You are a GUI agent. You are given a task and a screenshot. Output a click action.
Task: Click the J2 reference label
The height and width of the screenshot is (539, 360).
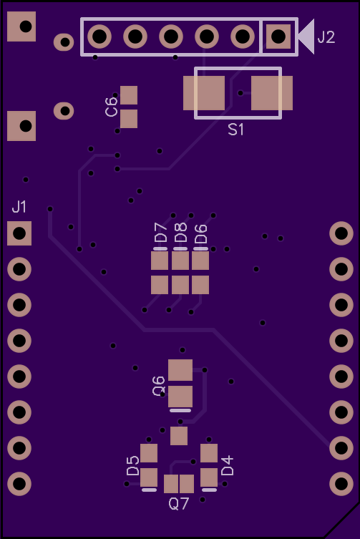(326, 37)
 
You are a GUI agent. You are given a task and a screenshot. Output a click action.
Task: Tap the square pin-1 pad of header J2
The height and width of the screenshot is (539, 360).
(278, 36)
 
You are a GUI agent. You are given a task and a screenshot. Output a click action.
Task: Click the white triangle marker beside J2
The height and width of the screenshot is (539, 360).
(306, 37)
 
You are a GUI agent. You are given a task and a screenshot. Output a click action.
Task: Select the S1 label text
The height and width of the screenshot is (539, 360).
(236, 130)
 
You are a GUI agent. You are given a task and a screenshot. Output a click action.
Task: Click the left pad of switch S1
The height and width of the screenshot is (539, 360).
(204, 93)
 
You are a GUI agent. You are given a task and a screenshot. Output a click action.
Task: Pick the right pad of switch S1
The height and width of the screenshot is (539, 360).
(272, 93)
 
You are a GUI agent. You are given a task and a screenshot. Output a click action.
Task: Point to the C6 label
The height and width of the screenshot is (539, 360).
(112, 107)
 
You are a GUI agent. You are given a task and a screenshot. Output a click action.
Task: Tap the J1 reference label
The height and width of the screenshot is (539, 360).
(19, 207)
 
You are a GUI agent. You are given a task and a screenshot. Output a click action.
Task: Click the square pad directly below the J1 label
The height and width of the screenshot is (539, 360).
(19, 233)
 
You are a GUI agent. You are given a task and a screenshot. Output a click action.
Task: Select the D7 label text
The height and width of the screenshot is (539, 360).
(160, 233)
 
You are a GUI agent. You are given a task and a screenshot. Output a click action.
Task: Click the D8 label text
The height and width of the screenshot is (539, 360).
(180, 233)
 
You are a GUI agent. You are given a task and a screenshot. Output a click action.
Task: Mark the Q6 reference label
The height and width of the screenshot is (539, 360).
(158, 386)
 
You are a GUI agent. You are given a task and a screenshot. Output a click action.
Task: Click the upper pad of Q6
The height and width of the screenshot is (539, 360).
(180, 370)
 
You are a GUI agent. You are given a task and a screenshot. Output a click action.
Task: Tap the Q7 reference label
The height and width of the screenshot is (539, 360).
(179, 504)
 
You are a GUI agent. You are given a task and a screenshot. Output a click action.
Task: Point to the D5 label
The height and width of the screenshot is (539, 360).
(132, 465)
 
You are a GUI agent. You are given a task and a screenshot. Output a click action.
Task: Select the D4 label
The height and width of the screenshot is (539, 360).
(228, 465)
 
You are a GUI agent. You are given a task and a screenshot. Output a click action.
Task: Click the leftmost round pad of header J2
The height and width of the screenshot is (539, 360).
(99, 36)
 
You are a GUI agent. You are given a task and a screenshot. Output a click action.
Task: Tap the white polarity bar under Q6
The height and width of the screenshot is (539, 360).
(180, 410)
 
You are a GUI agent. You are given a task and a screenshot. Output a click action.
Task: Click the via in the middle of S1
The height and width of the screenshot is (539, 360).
(240, 93)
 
